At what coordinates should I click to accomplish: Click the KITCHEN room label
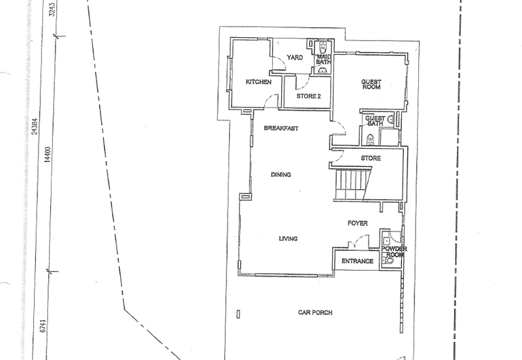point(258,82)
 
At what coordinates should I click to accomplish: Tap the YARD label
point(295,57)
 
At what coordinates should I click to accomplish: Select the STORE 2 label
point(309,96)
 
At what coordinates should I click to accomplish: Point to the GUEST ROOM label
point(371,84)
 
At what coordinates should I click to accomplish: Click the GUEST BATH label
point(375,121)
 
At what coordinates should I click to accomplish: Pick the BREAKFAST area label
point(281,128)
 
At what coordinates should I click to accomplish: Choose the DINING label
point(281,174)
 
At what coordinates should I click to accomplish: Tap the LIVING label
point(288,239)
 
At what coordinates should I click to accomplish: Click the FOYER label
point(358,223)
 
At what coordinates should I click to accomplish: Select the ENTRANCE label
point(357,261)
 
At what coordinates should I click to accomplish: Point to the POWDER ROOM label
point(394,252)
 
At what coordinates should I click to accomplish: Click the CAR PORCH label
point(315,312)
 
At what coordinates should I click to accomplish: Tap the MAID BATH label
point(323,59)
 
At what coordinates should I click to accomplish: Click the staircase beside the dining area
point(352,185)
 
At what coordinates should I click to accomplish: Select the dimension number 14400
point(48,155)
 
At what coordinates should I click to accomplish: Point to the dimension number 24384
point(35,127)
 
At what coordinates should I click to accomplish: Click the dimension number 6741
point(42,325)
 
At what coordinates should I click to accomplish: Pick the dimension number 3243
point(52,10)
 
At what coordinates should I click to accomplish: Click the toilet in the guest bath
point(369,140)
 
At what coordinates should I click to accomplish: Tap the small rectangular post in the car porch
point(238,314)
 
